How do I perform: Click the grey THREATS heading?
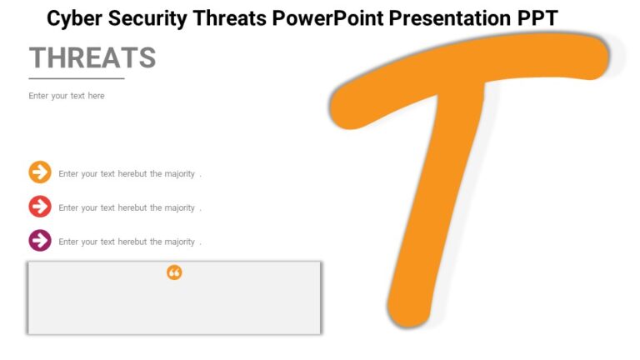[x=92, y=57]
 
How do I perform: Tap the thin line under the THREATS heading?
[x=77, y=78]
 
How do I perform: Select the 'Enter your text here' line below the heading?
[x=67, y=96]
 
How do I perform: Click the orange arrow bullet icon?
[x=40, y=172]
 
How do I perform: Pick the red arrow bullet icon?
[x=40, y=207]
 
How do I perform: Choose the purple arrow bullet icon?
[x=40, y=241]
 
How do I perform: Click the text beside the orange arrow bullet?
[x=129, y=174]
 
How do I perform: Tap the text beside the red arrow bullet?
[x=129, y=208]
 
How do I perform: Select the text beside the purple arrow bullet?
[x=129, y=242]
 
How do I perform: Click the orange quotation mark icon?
[x=174, y=272]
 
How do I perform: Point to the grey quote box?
[x=174, y=305]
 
